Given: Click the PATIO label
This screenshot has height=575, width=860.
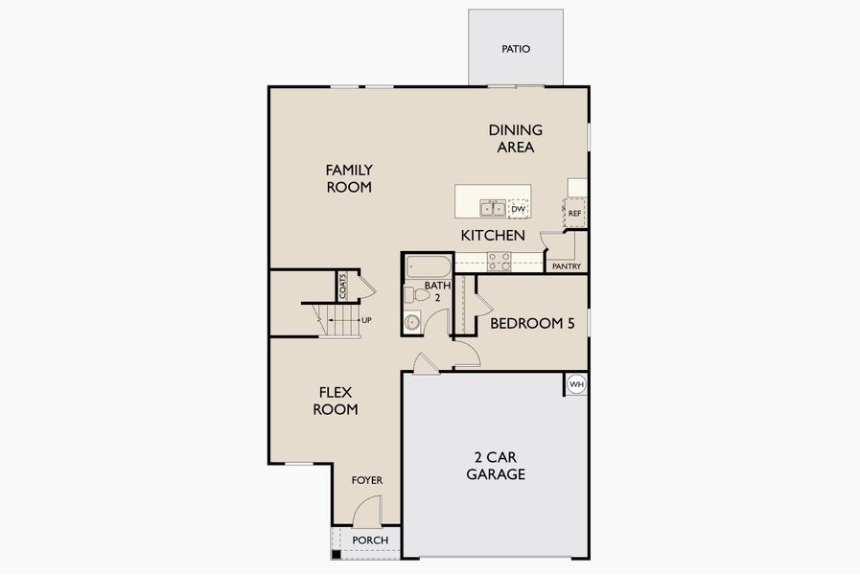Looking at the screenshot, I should (x=516, y=49).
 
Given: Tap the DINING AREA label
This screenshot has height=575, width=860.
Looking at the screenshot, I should (x=515, y=139).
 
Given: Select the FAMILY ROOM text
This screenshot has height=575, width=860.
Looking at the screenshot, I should (x=349, y=178).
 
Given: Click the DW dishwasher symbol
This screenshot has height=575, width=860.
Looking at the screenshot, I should (x=519, y=209).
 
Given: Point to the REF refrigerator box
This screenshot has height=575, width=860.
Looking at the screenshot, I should (x=574, y=213).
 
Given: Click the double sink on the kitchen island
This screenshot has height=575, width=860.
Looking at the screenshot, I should (x=493, y=208).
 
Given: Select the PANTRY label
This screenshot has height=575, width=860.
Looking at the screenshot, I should (x=567, y=267).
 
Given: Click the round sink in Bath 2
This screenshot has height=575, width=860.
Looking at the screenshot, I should (x=413, y=322).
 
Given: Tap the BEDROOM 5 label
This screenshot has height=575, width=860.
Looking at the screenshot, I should (x=532, y=324).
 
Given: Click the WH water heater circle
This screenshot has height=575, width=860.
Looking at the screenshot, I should (x=576, y=384).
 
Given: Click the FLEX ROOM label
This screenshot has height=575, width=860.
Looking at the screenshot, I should (x=338, y=401).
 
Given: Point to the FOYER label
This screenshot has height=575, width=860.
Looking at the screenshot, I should (x=366, y=480).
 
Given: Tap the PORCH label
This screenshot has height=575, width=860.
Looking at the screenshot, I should (x=370, y=540).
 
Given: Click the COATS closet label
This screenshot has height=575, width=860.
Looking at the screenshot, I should (x=342, y=286).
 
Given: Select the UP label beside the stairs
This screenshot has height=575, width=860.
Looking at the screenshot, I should (x=366, y=320).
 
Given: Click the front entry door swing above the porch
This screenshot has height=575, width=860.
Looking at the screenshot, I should (x=368, y=512).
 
